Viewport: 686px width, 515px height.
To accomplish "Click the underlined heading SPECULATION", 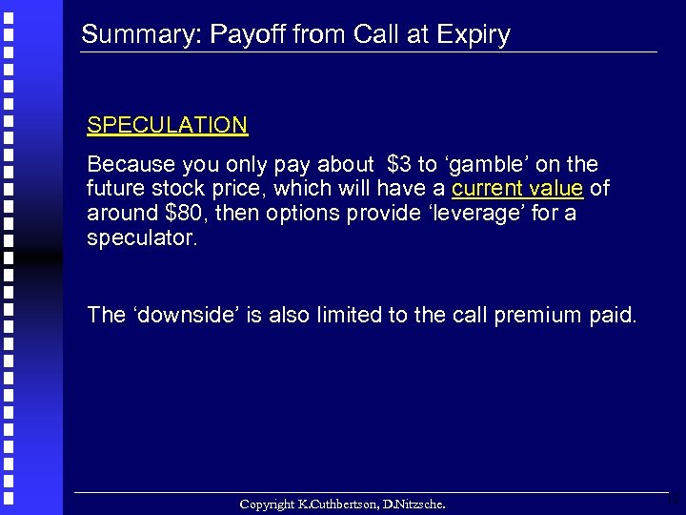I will (167, 125).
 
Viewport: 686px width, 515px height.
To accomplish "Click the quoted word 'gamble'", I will (499, 165).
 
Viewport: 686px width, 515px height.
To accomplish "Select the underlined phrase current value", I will (517, 189).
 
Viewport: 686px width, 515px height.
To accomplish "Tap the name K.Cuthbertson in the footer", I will (339, 503).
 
